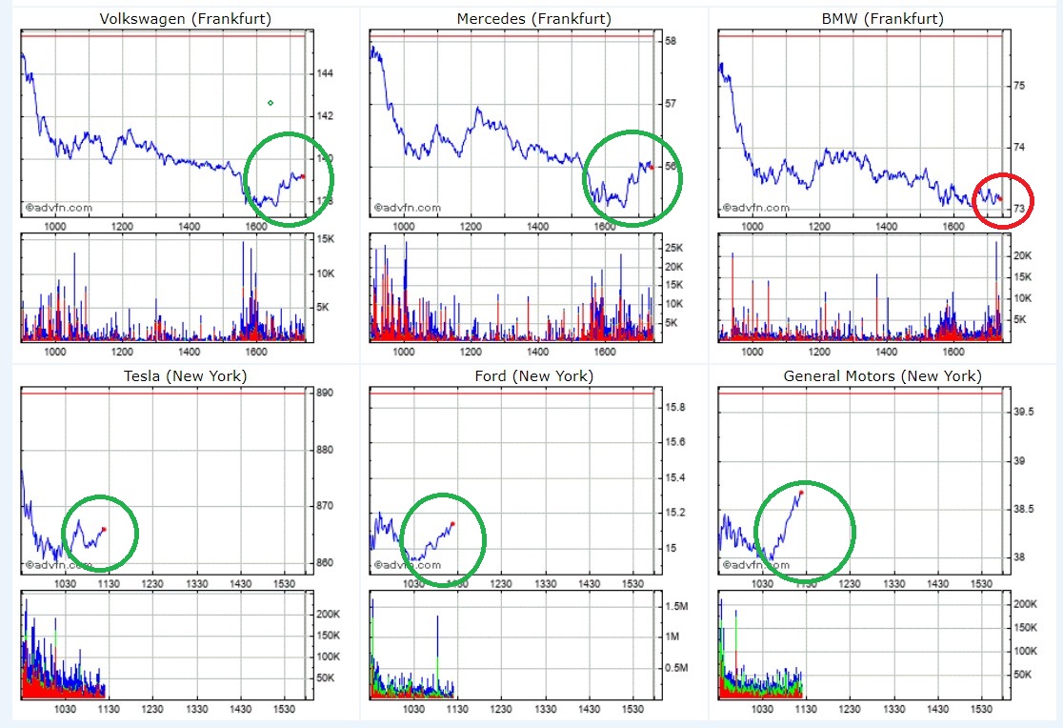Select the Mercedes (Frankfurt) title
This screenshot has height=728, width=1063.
pos(534,19)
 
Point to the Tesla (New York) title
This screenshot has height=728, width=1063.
pos(186,376)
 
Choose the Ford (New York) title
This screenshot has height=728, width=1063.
pos(533,376)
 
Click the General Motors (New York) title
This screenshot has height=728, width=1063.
pos(882,376)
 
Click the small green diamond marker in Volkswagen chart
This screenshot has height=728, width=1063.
pos(271,103)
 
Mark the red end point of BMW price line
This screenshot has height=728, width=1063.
pos(1000,199)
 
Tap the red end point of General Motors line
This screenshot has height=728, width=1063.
pos(801,492)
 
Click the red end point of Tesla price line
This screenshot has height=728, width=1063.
pos(104,529)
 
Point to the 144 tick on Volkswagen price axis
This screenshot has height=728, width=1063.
pos(323,73)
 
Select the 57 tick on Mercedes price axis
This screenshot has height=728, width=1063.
pos(671,104)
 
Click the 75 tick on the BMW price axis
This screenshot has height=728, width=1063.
pos(1018,86)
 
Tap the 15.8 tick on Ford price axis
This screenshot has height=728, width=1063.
pos(675,407)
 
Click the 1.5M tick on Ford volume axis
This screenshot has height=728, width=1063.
pos(677,606)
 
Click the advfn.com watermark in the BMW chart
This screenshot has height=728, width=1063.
pos(758,208)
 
